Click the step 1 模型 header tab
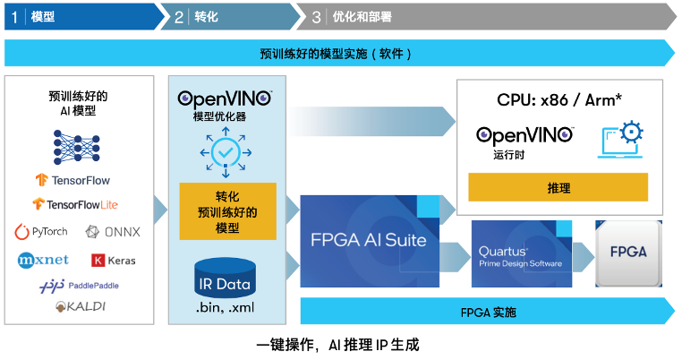pos(81,16)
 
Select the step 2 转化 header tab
pos(233,16)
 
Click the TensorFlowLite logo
pos(75,204)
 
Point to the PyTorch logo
pos(41,232)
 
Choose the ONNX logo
pos(113,232)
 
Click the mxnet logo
pos(43,261)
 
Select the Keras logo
pos(113,261)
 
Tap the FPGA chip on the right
pos(628,253)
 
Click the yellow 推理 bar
pos(558,188)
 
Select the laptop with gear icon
pos(620,138)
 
